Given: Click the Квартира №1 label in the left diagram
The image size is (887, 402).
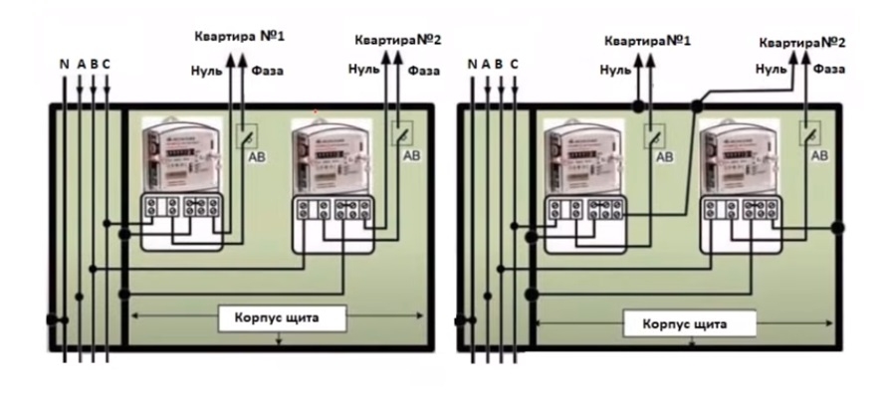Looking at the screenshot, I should tap(239, 37).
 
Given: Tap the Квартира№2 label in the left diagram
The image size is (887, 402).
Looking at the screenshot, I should tap(398, 41).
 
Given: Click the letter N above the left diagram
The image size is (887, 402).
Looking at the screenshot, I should tap(65, 65).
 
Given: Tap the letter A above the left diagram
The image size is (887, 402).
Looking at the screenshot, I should tap(81, 65).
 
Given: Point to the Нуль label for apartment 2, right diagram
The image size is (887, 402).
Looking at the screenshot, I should tap(772, 70).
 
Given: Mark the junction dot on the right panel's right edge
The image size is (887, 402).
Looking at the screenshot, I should tap(838, 228).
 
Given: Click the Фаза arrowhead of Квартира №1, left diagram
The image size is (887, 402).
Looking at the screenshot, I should tap(240, 58).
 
